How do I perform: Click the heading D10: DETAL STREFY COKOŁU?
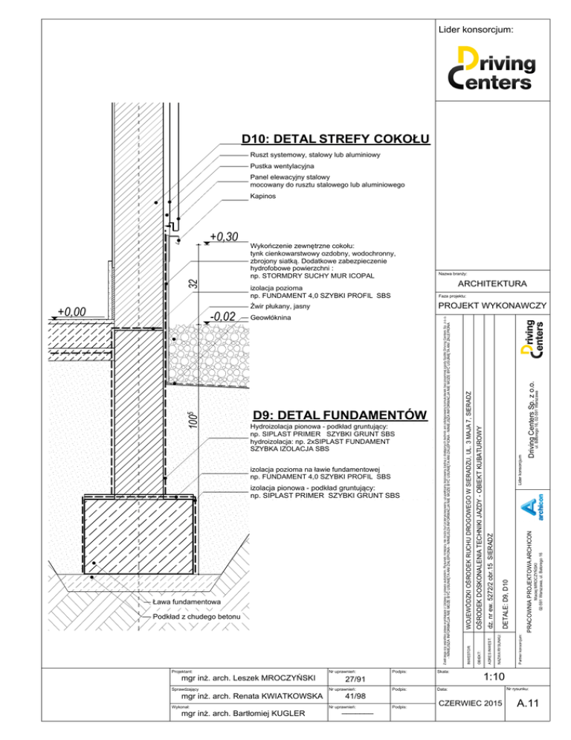click(336, 139)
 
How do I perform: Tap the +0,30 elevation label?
click(223, 237)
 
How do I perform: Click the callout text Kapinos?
click(263, 196)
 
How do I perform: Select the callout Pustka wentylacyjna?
click(283, 166)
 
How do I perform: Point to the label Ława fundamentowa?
click(184, 601)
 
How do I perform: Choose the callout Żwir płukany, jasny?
click(280, 307)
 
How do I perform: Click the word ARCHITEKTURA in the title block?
click(493, 284)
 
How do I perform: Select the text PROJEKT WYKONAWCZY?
click(493, 306)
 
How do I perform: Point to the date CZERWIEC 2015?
click(470, 704)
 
